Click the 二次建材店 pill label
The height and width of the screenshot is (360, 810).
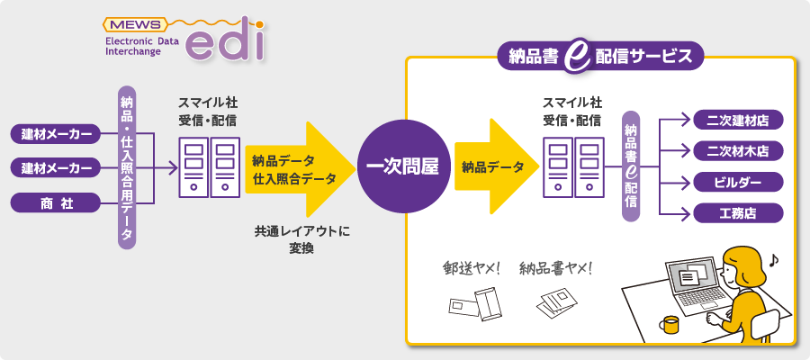click(x=738, y=120)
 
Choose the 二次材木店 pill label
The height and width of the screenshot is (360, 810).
click(x=738, y=150)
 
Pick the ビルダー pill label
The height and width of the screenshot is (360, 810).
click(x=738, y=183)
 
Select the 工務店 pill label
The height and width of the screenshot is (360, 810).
click(x=738, y=213)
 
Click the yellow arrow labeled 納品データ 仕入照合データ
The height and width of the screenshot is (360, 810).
click(x=297, y=169)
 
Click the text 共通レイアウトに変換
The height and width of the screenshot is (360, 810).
click(x=301, y=239)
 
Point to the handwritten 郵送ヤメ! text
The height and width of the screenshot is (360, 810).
click(x=472, y=267)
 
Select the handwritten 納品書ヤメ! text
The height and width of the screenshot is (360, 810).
click(x=556, y=267)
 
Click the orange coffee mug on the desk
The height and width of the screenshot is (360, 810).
click(x=668, y=325)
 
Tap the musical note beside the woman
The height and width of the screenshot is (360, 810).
click(x=773, y=259)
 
